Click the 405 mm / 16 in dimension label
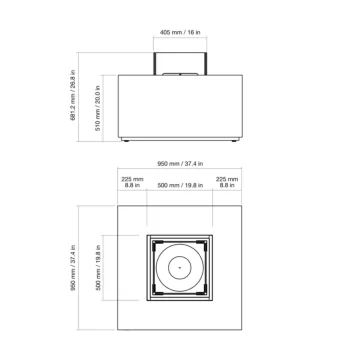(x=180, y=32)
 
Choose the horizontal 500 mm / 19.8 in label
(x=180, y=186)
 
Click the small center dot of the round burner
(x=180, y=267)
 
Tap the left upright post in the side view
(x=154, y=63)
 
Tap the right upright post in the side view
(x=206, y=63)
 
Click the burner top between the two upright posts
(x=180, y=74)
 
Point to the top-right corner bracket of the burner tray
(x=208, y=240)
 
